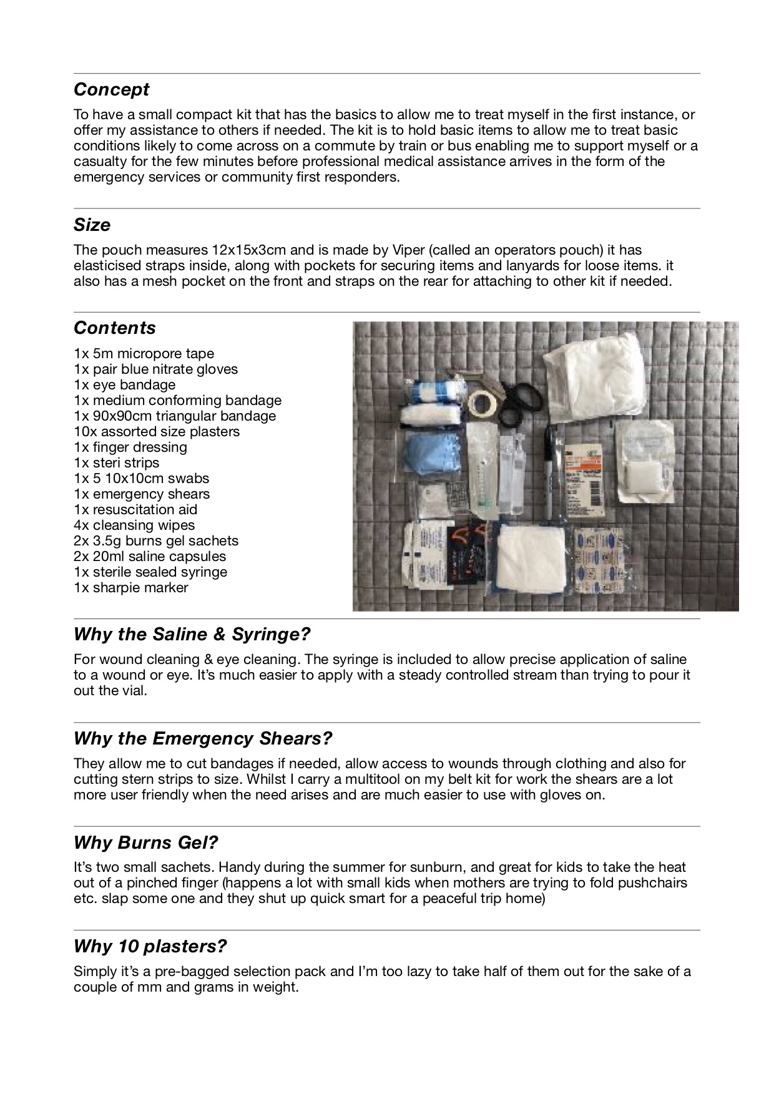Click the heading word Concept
click(111, 90)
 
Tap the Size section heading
click(92, 225)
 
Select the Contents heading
click(114, 328)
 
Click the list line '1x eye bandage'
click(124, 385)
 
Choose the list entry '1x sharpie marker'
click(130, 588)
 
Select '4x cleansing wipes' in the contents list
click(134, 525)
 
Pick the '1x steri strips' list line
click(116, 463)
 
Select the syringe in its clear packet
click(483, 474)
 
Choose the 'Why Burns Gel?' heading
click(145, 843)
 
